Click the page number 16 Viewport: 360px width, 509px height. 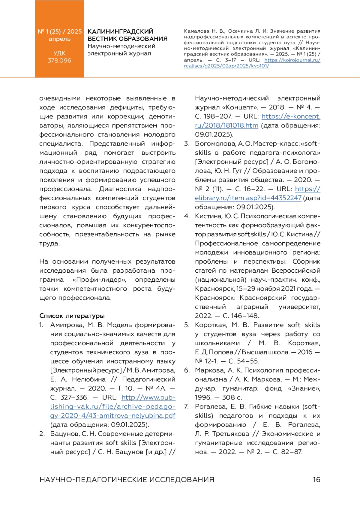[x=316, y=480]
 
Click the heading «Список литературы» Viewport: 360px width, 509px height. [x=72, y=316]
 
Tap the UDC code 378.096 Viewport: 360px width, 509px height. [x=59, y=61]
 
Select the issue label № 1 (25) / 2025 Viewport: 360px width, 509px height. [x=59, y=31]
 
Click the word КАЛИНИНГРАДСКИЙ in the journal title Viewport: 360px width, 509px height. [x=120, y=31]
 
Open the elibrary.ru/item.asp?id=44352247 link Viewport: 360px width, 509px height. [x=248, y=198]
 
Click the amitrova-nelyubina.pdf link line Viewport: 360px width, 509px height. [x=113, y=416]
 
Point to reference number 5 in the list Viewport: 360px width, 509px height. [x=187, y=325]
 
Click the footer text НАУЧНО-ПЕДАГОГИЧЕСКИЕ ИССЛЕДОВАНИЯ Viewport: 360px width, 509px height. [x=127, y=480]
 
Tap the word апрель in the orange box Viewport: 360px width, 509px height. [x=59, y=39]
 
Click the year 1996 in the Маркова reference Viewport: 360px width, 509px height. [x=203, y=398]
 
